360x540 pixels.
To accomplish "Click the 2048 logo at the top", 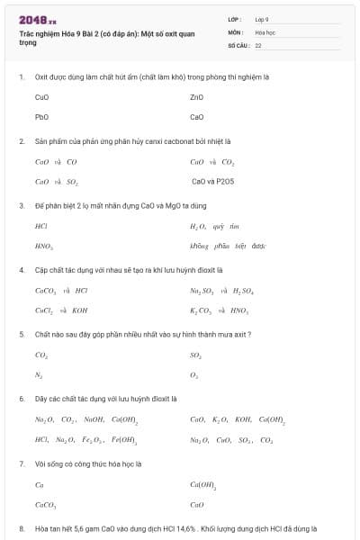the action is tap(37, 19).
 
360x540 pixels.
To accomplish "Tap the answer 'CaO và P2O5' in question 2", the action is tap(213, 182).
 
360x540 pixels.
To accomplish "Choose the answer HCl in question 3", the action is tap(40, 226).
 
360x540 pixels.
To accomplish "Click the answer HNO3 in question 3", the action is tap(43, 246).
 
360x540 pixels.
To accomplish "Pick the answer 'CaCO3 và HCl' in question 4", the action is tap(60, 290).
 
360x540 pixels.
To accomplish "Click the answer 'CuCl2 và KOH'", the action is tap(60, 310).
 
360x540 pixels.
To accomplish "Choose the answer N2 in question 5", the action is tap(39, 374).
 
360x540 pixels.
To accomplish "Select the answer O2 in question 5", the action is tap(194, 374).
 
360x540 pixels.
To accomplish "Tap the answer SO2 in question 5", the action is tap(195, 355).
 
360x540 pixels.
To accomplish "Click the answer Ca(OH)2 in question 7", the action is tap(202, 484).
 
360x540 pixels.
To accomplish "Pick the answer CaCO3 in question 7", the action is tap(45, 504).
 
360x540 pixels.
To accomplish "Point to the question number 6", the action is tap(22, 398).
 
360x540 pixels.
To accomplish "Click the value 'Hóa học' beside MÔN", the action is tap(265, 31).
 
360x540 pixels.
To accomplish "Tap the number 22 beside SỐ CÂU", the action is tap(258, 44).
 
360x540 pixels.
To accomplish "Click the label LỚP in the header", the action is tap(235, 19).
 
